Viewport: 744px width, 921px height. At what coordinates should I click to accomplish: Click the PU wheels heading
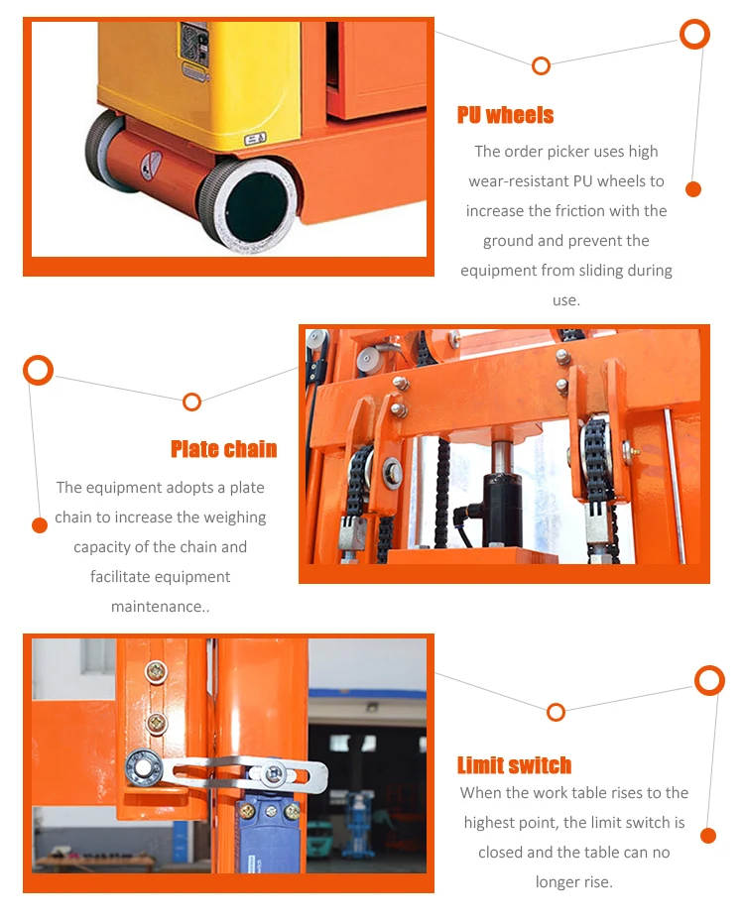[505, 115]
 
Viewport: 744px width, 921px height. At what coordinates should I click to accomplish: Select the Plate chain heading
[223, 449]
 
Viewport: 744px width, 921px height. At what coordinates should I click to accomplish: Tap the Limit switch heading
[514, 765]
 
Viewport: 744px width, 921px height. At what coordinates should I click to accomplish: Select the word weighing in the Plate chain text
[235, 518]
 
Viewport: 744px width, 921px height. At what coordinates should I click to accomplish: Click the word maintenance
[159, 607]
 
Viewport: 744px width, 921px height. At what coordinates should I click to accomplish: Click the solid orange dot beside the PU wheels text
[693, 189]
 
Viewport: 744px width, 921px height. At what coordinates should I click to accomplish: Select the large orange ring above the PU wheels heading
[694, 34]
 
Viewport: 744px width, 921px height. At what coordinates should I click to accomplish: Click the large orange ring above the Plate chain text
[38, 371]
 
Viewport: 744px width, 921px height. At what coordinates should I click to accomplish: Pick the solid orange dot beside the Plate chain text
[40, 525]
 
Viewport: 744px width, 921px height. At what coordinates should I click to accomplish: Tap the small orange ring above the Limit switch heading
[556, 712]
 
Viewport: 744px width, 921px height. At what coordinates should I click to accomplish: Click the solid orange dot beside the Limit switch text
[707, 836]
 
